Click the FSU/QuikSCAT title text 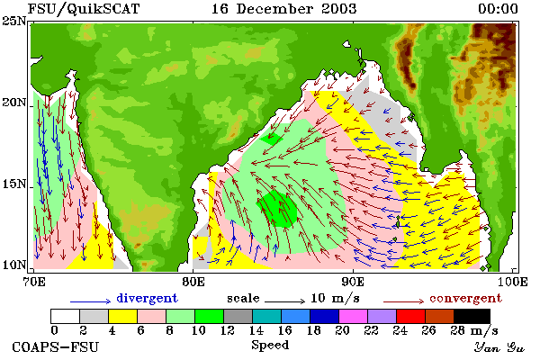pyautogui.click(x=84, y=9)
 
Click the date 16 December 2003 pyautogui.click(x=283, y=9)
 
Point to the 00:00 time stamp pyautogui.click(x=498, y=9)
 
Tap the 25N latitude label pyautogui.click(x=14, y=22)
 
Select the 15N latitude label pyautogui.click(x=14, y=184)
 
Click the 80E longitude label pyautogui.click(x=193, y=282)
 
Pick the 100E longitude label pyautogui.click(x=512, y=282)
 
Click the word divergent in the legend pyautogui.click(x=147, y=298)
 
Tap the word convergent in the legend pyautogui.click(x=465, y=298)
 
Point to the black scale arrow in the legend pyautogui.click(x=284, y=301)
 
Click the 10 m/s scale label pyautogui.click(x=335, y=298)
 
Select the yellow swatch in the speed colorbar pyautogui.click(x=122, y=316)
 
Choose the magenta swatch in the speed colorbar pyautogui.click(x=353, y=316)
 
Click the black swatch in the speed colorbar pyautogui.click(x=472, y=316)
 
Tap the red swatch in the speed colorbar pyautogui.click(x=410, y=316)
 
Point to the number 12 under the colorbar pyautogui.click(x=227, y=330)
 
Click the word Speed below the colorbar pyautogui.click(x=270, y=346)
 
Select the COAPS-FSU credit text pyautogui.click(x=56, y=346)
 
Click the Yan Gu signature pyautogui.click(x=499, y=347)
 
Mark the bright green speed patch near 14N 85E pyautogui.click(x=277, y=210)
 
